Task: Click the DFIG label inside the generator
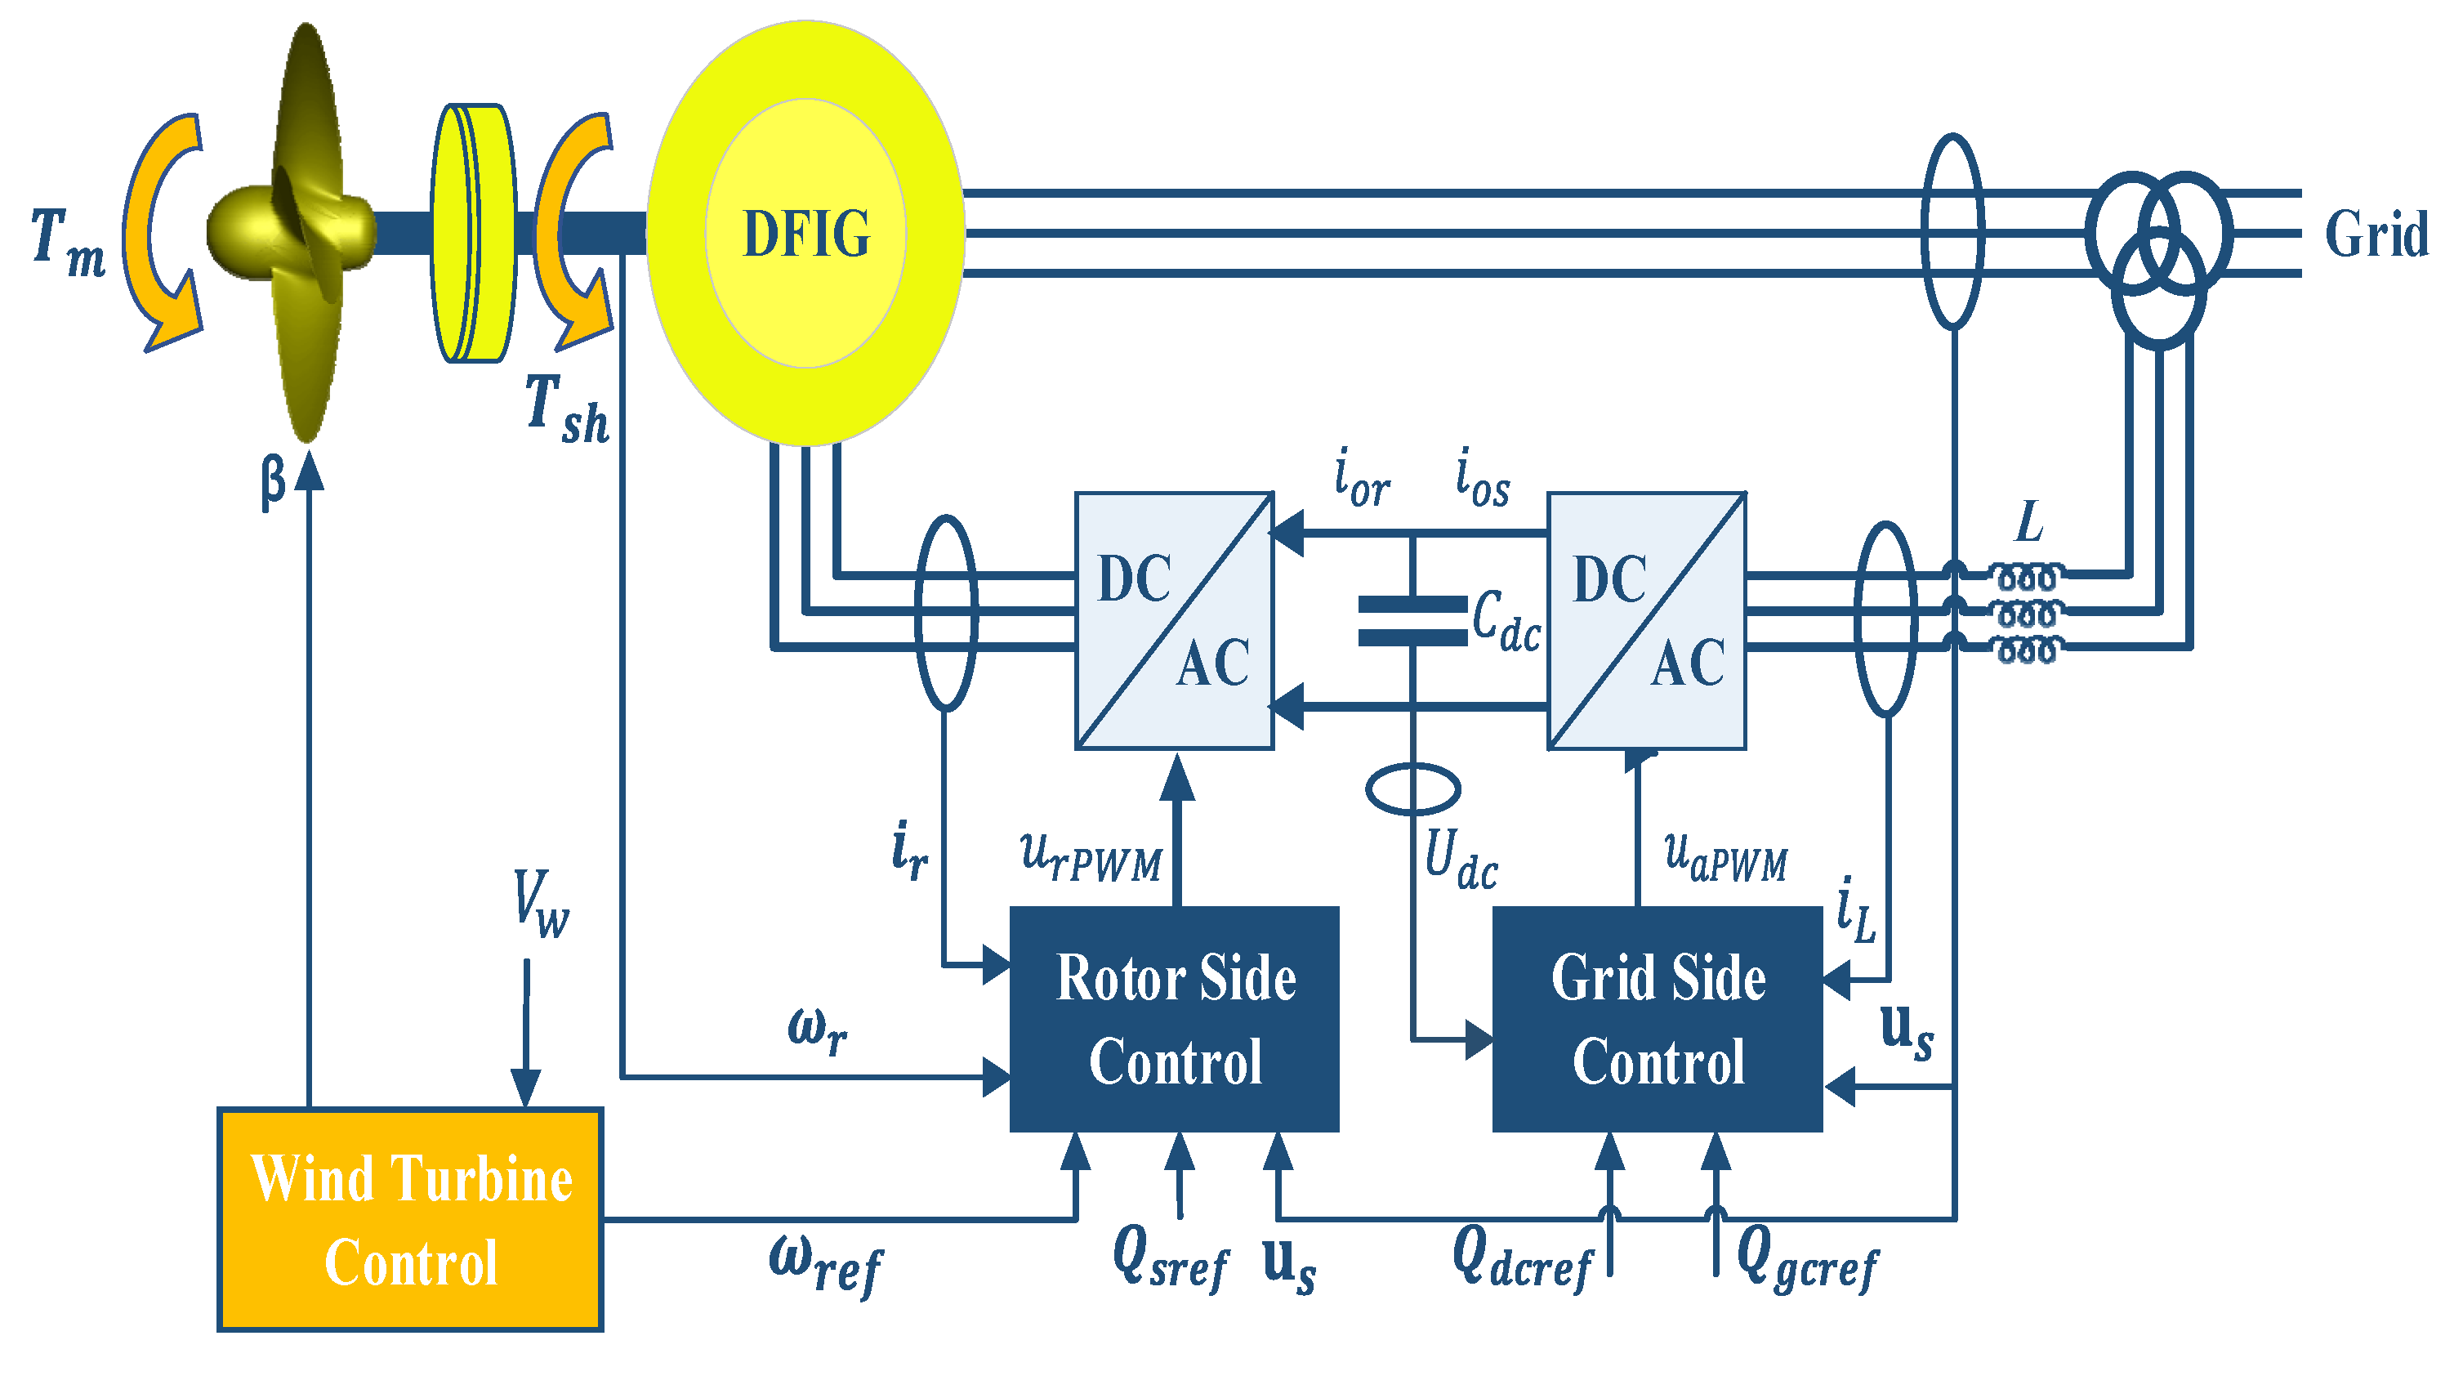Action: click(x=806, y=235)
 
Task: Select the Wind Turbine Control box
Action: click(x=411, y=1220)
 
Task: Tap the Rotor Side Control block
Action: click(x=1175, y=1019)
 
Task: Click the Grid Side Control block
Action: click(x=1657, y=1019)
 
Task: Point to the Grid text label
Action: click(x=2376, y=235)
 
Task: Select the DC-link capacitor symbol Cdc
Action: click(x=1412, y=620)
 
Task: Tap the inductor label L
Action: click(x=2030, y=522)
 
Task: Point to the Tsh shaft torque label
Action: click(x=567, y=409)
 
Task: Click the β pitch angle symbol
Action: click(x=273, y=480)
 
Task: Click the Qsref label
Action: click(x=1171, y=1258)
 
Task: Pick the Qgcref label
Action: click(x=1806, y=1260)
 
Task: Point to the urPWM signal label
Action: click(x=1091, y=856)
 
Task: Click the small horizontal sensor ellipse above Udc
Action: click(x=1412, y=789)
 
